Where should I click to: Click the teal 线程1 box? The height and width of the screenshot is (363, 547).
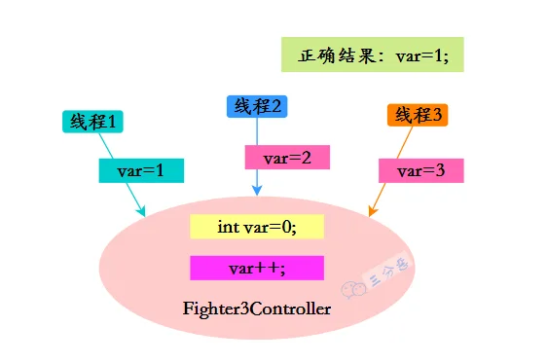click(x=92, y=122)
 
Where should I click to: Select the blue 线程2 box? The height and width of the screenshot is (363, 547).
click(x=257, y=106)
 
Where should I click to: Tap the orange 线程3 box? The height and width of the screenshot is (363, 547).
click(x=418, y=115)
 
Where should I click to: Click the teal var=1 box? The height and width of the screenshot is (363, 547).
click(x=141, y=170)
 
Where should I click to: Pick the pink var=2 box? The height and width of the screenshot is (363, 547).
click(x=287, y=158)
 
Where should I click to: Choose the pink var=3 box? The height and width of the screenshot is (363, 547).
click(x=421, y=170)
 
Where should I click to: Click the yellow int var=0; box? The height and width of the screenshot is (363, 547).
click(x=257, y=227)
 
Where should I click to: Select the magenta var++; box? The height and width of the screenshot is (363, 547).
click(x=257, y=269)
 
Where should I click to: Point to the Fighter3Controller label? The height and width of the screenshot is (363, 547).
click(x=257, y=309)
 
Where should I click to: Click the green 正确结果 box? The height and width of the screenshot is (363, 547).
click(x=373, y=54)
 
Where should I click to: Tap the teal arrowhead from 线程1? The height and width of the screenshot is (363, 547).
click(x=141, y=211)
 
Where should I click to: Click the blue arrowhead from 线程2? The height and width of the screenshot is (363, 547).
click(x=257, y=191)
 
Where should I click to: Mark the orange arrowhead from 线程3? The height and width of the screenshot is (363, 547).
click(x=372, y=211)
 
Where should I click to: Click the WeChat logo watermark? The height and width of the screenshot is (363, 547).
click(x=353, y=289)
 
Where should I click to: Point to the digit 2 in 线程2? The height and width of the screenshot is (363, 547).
click(x=275, y=106)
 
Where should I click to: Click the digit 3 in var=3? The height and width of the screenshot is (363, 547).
click(x=440, y=170)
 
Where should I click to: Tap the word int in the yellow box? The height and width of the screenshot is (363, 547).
click(x=229, y=227)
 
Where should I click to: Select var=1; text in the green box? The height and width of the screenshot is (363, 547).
click(x=422, y=55)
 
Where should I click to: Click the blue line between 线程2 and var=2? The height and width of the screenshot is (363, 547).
click(x=257, y=131)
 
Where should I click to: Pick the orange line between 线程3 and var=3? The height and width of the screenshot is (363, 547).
click(x=405, y=142)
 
